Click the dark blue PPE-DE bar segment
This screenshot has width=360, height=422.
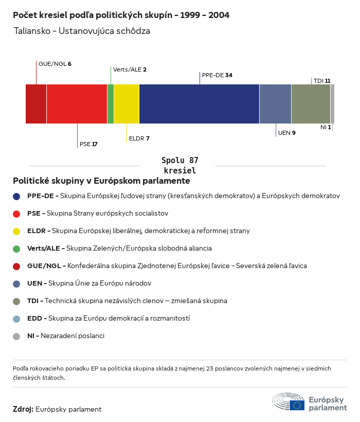[199, 104]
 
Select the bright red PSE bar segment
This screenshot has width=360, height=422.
[77, 104]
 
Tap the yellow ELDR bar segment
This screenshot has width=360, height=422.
[126, 104]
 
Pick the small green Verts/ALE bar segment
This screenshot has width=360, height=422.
[111, 104]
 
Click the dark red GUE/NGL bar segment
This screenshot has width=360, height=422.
[36, 104]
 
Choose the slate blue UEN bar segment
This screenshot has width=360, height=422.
[275, 104]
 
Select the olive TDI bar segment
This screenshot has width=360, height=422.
[311, 104]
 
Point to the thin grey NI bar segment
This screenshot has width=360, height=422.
[332, 104]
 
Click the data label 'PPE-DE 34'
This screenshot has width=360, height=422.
[217, 75]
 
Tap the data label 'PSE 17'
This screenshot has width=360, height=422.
[88, 144]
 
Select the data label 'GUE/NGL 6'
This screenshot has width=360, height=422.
[55, 64]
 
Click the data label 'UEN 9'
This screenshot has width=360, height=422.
[286, 133]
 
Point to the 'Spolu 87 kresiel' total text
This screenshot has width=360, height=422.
[179, 165]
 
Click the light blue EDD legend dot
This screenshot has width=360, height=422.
[16, 319]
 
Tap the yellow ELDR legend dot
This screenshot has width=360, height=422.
[16, 231]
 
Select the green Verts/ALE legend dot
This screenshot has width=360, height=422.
[16, 249]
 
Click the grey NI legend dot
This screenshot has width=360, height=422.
[16, 336]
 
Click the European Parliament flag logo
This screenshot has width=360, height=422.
[297, 405]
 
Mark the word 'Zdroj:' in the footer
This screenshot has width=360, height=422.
[23, 409]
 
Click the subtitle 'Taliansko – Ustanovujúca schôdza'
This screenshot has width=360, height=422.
[82, 31]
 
